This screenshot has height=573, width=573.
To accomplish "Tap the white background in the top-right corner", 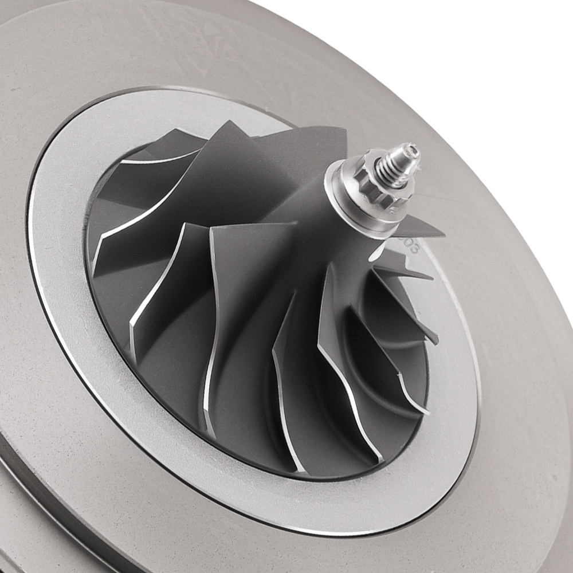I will click(516, 46).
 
